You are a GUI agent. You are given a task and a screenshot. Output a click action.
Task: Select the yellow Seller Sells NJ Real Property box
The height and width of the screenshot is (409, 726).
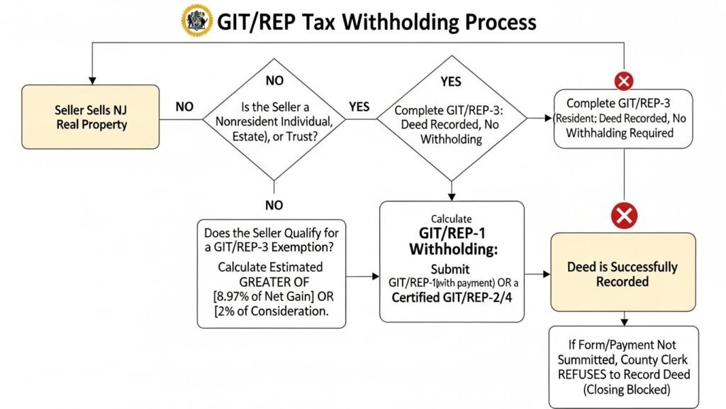(x=90, y=118)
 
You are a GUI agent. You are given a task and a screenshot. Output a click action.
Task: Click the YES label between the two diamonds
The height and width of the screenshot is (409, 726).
(x=359, y=107)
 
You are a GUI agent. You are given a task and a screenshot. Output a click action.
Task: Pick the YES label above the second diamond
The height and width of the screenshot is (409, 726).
(x=450, y=81)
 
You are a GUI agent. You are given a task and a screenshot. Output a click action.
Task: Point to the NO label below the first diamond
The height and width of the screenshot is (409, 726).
(x=273, y=204)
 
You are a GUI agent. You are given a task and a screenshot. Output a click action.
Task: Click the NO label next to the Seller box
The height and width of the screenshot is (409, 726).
(x=184, y=107)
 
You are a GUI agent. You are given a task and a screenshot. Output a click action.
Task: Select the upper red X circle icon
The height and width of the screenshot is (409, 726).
(x=624, y=81)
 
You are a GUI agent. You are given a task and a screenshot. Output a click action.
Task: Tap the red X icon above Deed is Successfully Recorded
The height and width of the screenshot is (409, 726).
(x=624, y=216)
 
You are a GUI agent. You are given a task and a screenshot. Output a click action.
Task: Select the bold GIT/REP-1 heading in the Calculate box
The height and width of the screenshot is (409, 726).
(x=451, y=235)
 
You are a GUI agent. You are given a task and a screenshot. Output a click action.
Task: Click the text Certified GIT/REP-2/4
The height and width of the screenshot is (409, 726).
(x=451, y=298)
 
